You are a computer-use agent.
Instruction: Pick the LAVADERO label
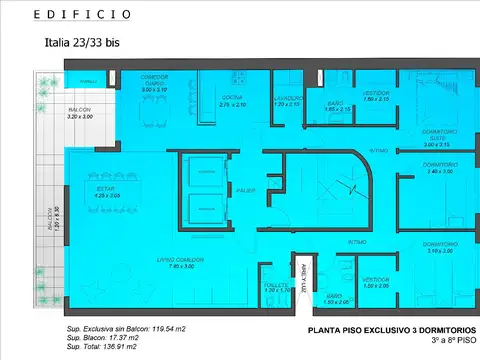click(x=287, y=101)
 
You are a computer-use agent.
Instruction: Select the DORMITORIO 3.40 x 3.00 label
click(x=440, y=168)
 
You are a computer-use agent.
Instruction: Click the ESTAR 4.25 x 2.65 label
click(x=107, y=193)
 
